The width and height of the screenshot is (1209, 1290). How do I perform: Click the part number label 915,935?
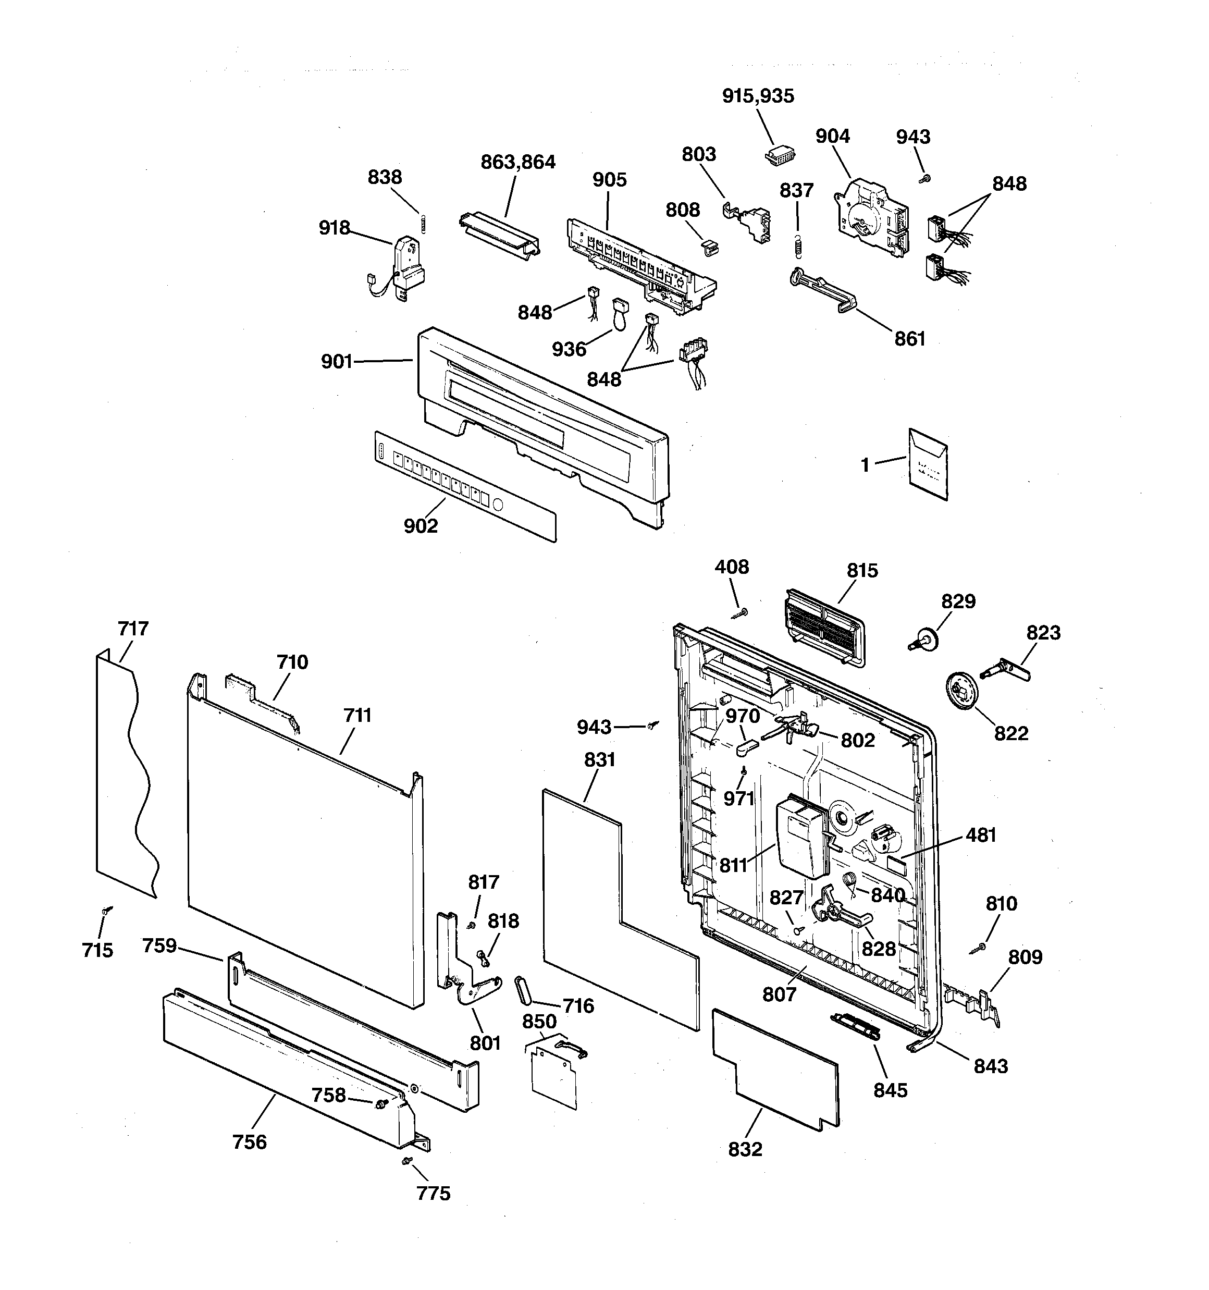pyautogui.click(x=758, y=96)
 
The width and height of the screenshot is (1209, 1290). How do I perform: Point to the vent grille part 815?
pyautogui.click(x=824, y=625)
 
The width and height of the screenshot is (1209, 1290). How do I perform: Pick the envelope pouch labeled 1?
pyautogui.click(x=928, y=463)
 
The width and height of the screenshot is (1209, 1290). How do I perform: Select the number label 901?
pyautogui.click(x=336, y=361)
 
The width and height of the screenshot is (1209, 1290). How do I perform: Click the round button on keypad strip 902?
pyautogui.click(x=498, y=503)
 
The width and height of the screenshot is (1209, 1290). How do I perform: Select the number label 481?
pyautogui.click(x=981, y=835)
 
